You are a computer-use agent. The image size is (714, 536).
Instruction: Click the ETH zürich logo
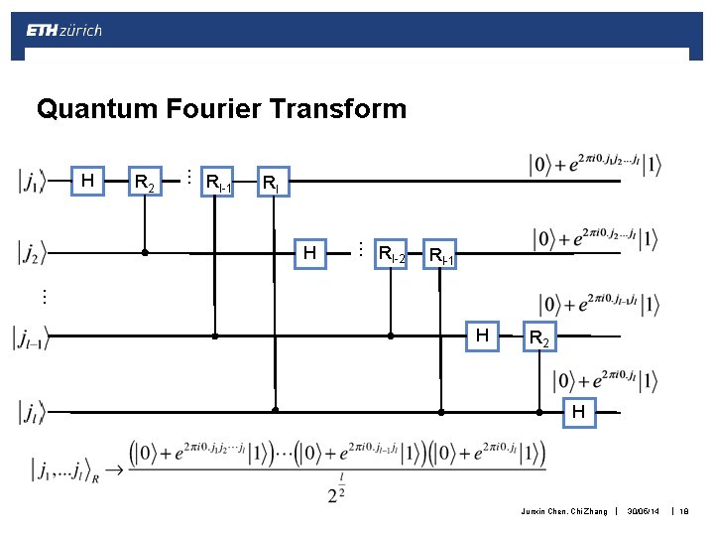[x=63, y=31]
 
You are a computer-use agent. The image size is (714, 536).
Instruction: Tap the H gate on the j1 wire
[x=88, y=181]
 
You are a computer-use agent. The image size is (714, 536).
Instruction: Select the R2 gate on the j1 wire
[x=145, y=183]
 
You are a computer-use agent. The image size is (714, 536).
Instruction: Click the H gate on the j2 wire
[x=310, y=254]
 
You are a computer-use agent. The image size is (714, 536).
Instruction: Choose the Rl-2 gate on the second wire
[x=391, y=255]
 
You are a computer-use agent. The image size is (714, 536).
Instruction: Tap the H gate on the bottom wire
[x=577, y=411]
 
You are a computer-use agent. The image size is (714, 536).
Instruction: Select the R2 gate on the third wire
[x=539, y=338]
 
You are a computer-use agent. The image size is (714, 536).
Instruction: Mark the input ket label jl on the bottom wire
[x=31, y=409]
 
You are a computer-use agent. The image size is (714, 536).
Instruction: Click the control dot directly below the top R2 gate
[x=145, y=253]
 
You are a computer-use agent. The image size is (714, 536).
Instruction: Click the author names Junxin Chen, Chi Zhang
[x=561, y=511]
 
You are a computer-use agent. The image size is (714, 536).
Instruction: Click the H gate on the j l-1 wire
[x=482, y=336]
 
